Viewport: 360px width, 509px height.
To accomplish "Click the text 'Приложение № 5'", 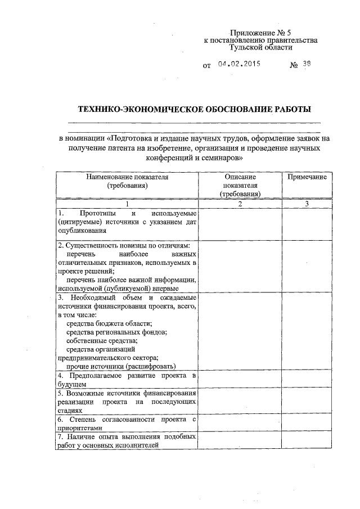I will click(x=260, y=33).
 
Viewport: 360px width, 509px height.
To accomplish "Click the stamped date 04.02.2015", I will click(x=238, y=64).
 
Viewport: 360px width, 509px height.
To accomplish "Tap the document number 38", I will click(x=306, y=64).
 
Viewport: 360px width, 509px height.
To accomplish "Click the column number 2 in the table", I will click(x=240, y=204).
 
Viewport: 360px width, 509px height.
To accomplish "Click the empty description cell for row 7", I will click(x=240, y=441).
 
